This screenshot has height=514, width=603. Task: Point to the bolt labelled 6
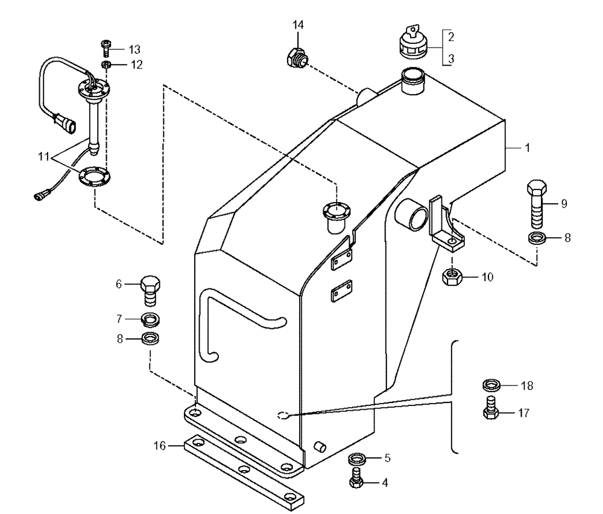pyautogui.click(x=151, y=290)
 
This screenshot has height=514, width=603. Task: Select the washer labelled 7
pyautogui.click(x=151, y=319)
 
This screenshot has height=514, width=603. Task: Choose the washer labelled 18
pyautogui.click(x=492, y=384)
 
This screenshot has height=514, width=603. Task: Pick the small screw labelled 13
pyautogui.click(x=106, y=48)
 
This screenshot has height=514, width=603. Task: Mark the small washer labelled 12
pyautogui.click(x=105, y=65)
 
